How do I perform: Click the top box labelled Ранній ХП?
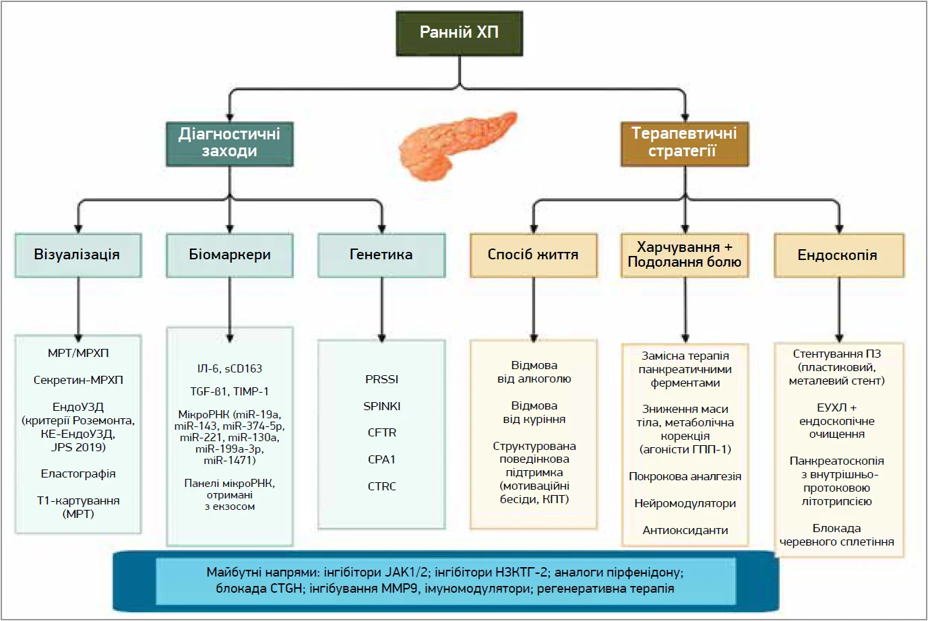(459, 32)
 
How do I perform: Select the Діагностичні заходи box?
(229, 142)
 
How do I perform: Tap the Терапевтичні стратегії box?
(684, 142)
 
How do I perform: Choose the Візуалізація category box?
(78, 255)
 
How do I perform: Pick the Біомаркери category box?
(230, 255)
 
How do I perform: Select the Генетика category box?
(381, 255)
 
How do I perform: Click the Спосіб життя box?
(533, 255)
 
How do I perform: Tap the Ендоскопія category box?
(838, 255)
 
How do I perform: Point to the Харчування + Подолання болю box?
(685, 255)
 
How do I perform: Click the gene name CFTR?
(382, 432)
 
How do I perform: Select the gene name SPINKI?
(382, 406)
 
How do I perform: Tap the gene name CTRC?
(382, 486)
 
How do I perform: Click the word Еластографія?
(78, 474)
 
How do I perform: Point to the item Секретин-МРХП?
(78, 380)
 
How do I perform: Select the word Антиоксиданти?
(685, 530)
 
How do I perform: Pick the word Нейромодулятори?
(685, 503)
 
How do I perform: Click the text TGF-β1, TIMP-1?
(230, 391)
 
